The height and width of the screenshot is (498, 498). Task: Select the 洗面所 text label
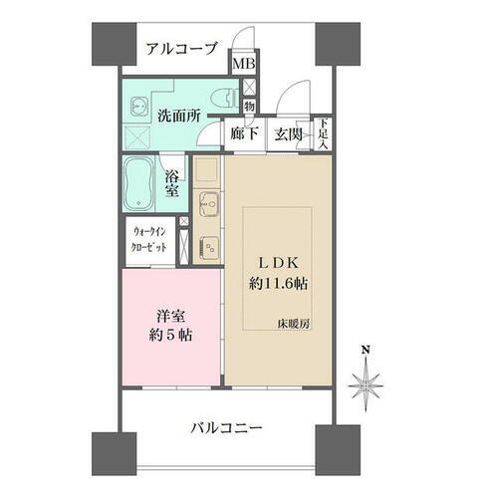[x=179, y=115]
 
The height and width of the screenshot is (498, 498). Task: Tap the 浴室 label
[x=172, y=184]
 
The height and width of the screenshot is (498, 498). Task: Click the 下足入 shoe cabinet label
[x=323, y=133]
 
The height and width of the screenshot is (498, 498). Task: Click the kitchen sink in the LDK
[x=207, y=207]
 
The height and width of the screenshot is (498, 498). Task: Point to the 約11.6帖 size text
[x=280, y=283]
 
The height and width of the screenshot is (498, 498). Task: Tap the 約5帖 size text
[x=168, y=334]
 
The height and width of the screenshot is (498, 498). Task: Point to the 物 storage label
[x=249, y=106]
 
